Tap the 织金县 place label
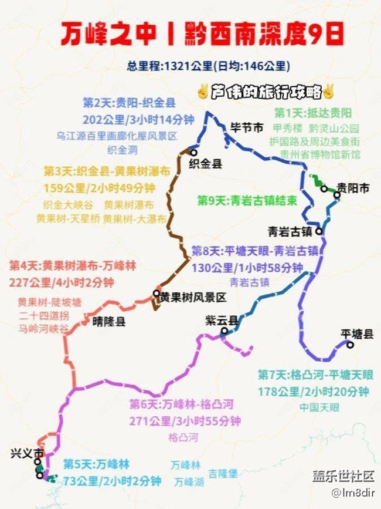click(x=205, y=164)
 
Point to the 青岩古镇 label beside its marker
click(x=287, y=231)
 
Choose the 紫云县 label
click(x=222, y=321)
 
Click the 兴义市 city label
click(x=27, y=454)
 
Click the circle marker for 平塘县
click(x=350, y=345)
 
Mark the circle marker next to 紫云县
click(x=224, y=331)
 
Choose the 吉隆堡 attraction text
click(x=223, y=473)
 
